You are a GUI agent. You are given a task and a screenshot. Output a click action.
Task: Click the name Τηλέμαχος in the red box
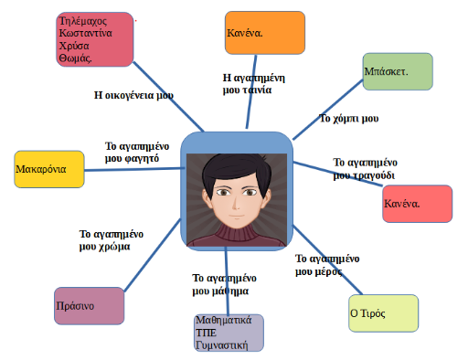[83, 21]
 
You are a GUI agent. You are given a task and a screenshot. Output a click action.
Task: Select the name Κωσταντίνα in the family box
[86, 33]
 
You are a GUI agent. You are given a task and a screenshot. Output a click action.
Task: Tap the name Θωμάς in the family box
[75, 58]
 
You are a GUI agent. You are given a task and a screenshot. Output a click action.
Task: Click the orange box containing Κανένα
[265, 33]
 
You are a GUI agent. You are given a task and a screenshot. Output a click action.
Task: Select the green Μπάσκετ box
[398, 71]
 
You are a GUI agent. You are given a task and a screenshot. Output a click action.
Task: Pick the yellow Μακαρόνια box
[49, 169]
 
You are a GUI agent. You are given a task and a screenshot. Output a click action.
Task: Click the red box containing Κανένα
[418, 204]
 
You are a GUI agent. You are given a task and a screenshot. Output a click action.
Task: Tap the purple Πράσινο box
[90, 306]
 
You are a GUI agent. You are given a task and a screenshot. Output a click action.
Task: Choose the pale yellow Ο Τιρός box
[384, 313]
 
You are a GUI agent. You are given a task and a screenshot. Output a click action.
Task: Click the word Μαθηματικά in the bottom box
[224, 320]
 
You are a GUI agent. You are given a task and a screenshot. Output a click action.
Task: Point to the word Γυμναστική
[222, 345]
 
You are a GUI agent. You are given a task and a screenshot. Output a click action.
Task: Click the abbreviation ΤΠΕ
[206, 333]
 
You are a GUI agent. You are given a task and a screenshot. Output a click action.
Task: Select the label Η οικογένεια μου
[133, 95]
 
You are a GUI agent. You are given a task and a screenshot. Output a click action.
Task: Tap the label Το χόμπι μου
[349, 119]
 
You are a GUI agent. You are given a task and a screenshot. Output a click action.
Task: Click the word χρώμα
[115, 247]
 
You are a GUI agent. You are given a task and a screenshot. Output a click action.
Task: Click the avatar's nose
[236, 204]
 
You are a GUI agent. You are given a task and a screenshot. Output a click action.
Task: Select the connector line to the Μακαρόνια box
[134, 169]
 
